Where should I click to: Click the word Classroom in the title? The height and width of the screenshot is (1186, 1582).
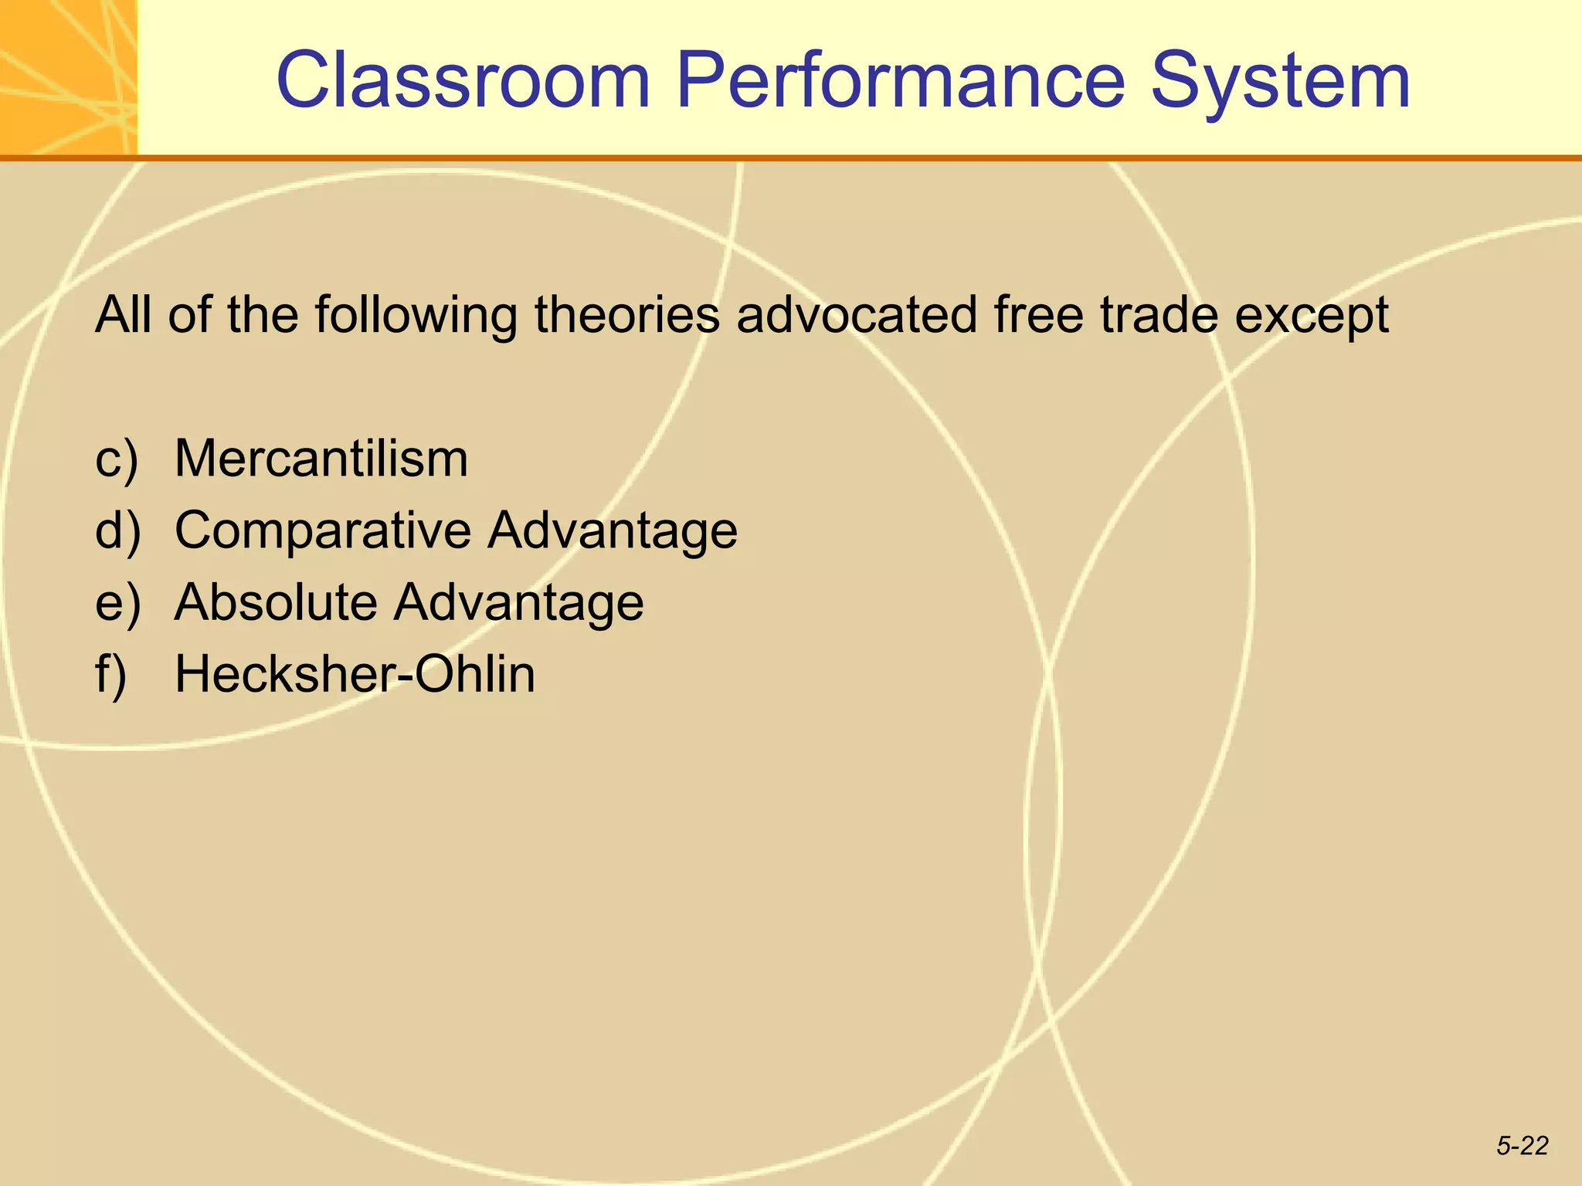(x=463, y=80)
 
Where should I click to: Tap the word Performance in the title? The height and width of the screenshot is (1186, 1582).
(x=900, y=80)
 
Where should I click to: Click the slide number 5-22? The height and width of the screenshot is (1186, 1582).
(x=1522, y=1146)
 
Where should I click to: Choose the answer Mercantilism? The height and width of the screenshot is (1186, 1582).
(x=321, y=459)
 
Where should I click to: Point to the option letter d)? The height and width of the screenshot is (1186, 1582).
(x=118, y=531)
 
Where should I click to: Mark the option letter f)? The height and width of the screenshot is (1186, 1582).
(x=110, y=675)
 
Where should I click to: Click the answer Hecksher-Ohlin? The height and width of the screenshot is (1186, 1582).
(x=355, y=674)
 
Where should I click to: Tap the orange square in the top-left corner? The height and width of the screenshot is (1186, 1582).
(x=68, y=77)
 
